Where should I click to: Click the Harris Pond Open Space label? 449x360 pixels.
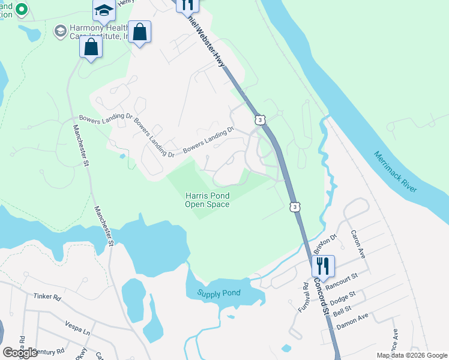pos(207,200)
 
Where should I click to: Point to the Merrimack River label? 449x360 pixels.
pos(395,172)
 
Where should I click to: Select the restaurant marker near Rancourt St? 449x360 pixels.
pos(323,266)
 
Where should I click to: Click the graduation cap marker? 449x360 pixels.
pos(104,11)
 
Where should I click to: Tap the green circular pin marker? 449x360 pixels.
pos(22,9)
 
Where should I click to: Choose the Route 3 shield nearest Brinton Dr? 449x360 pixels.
pos(294,207)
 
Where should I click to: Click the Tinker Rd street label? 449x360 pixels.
pos(47,297)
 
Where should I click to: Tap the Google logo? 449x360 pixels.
pos(20,353)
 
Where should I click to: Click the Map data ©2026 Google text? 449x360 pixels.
pos(411,355)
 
